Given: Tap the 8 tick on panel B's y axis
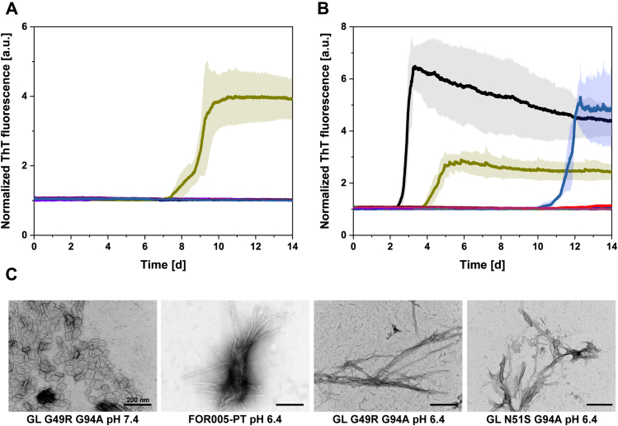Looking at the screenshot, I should click(x=344, y=26).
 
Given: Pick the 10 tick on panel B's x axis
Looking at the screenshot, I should click(x=537, y=246).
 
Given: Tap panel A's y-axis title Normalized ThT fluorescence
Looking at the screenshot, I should click(x=9, y=130).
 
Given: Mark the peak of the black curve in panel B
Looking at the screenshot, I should click(x=414, y=67).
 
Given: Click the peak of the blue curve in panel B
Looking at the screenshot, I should click(x=581, y=98).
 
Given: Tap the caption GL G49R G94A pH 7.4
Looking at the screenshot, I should click(x=81, y=418).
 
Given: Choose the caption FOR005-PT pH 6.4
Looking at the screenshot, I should click(x=234, y=418).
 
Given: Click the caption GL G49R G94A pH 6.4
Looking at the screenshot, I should click(x=386, y=418).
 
